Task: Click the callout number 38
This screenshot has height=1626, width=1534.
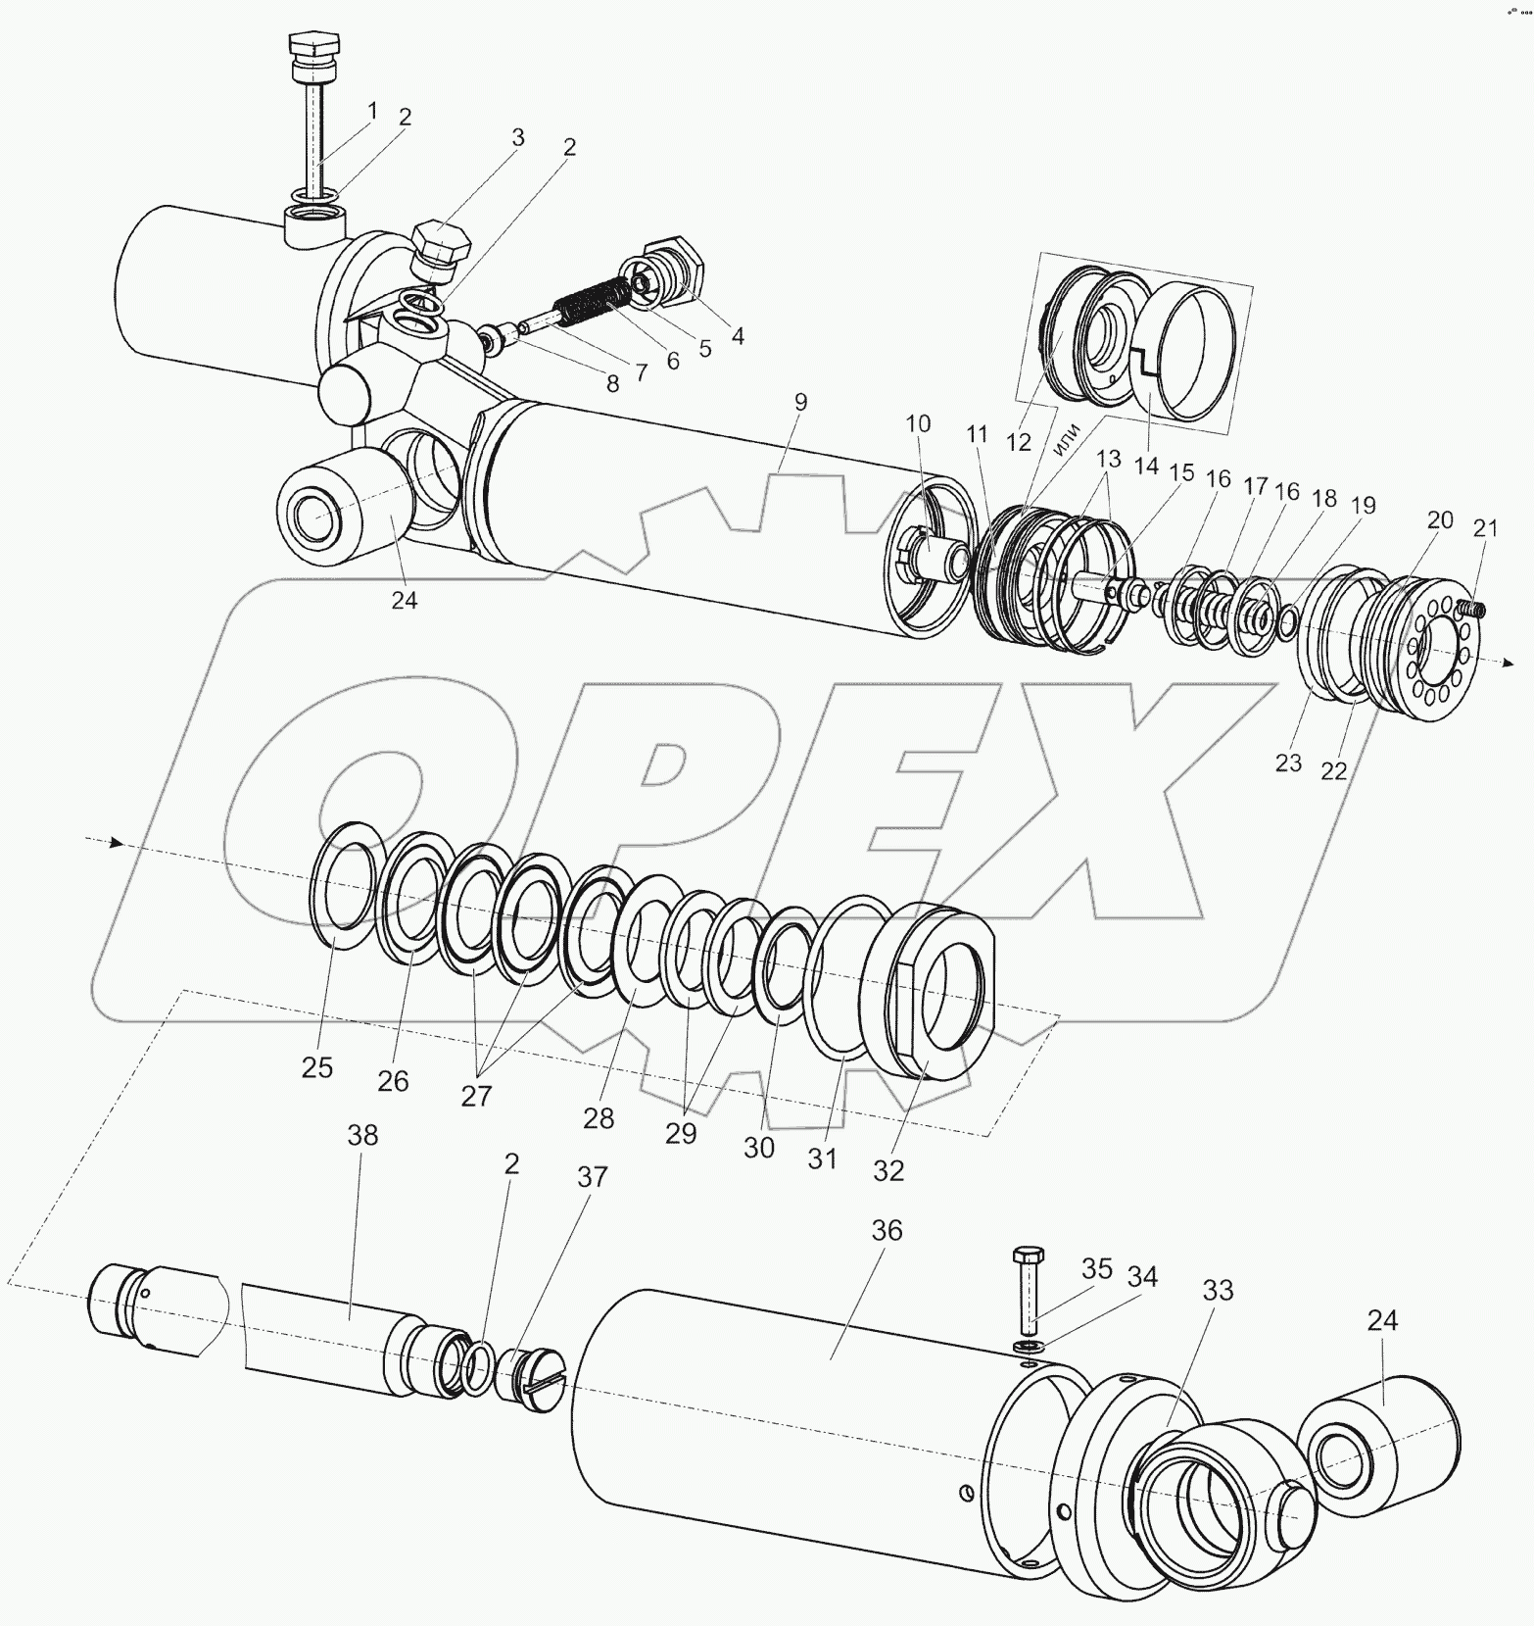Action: click(361, 1136)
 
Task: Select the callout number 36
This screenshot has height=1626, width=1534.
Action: click(887, 1231)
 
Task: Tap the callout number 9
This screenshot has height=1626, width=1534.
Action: click(801, 401)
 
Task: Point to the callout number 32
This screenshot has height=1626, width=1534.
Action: click(889, 1169)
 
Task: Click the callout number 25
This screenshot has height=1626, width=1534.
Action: click(317, 1067)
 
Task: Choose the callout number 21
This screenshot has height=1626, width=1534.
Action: click(1486, 529)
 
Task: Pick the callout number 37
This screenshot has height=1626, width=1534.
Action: click(593, 1177)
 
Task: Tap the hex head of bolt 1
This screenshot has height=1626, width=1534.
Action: click(314, 45)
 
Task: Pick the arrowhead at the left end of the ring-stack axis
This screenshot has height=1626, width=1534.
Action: click(116, 842)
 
